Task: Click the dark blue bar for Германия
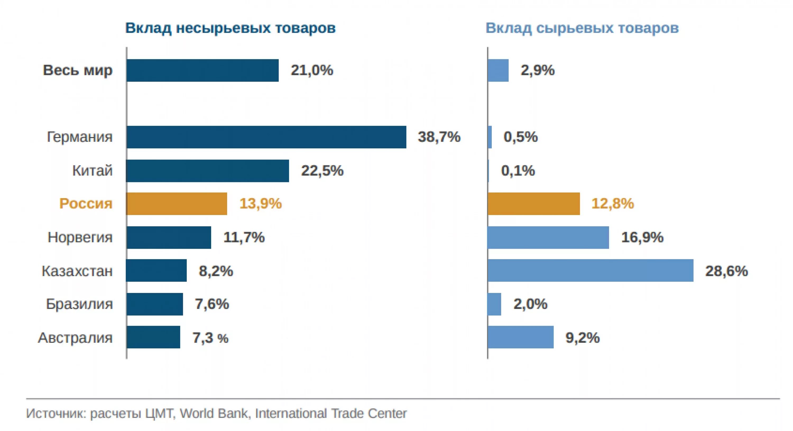(x=266, y=137)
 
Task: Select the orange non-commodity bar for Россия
(x=176, y=204)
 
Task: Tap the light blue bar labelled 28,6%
(x=591, y=270)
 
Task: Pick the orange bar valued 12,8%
(x=533, y=204)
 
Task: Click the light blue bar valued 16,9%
(x=548, y=237)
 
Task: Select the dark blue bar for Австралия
(x=153, y=337)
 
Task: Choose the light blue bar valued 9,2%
(x=520, y=337)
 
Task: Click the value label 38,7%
(x=439, y=137)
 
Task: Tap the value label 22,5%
(x=322, y=170)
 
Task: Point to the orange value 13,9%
(x=260, y=204)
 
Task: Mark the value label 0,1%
(x=518, y=170)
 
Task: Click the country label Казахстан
(x=77, y=271)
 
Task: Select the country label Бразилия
(x=79, y=304)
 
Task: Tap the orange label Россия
(x=86, y=204)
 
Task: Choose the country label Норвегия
(x=80, y=237)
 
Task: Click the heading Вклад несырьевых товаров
(x=230, y=28)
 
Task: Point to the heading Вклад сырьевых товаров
(x=582, y=28)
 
